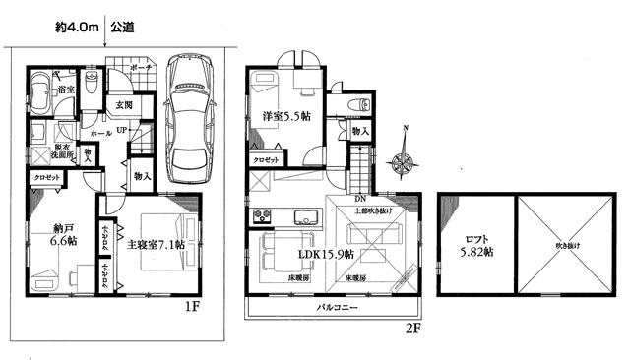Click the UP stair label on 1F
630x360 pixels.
tap(121, 130)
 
